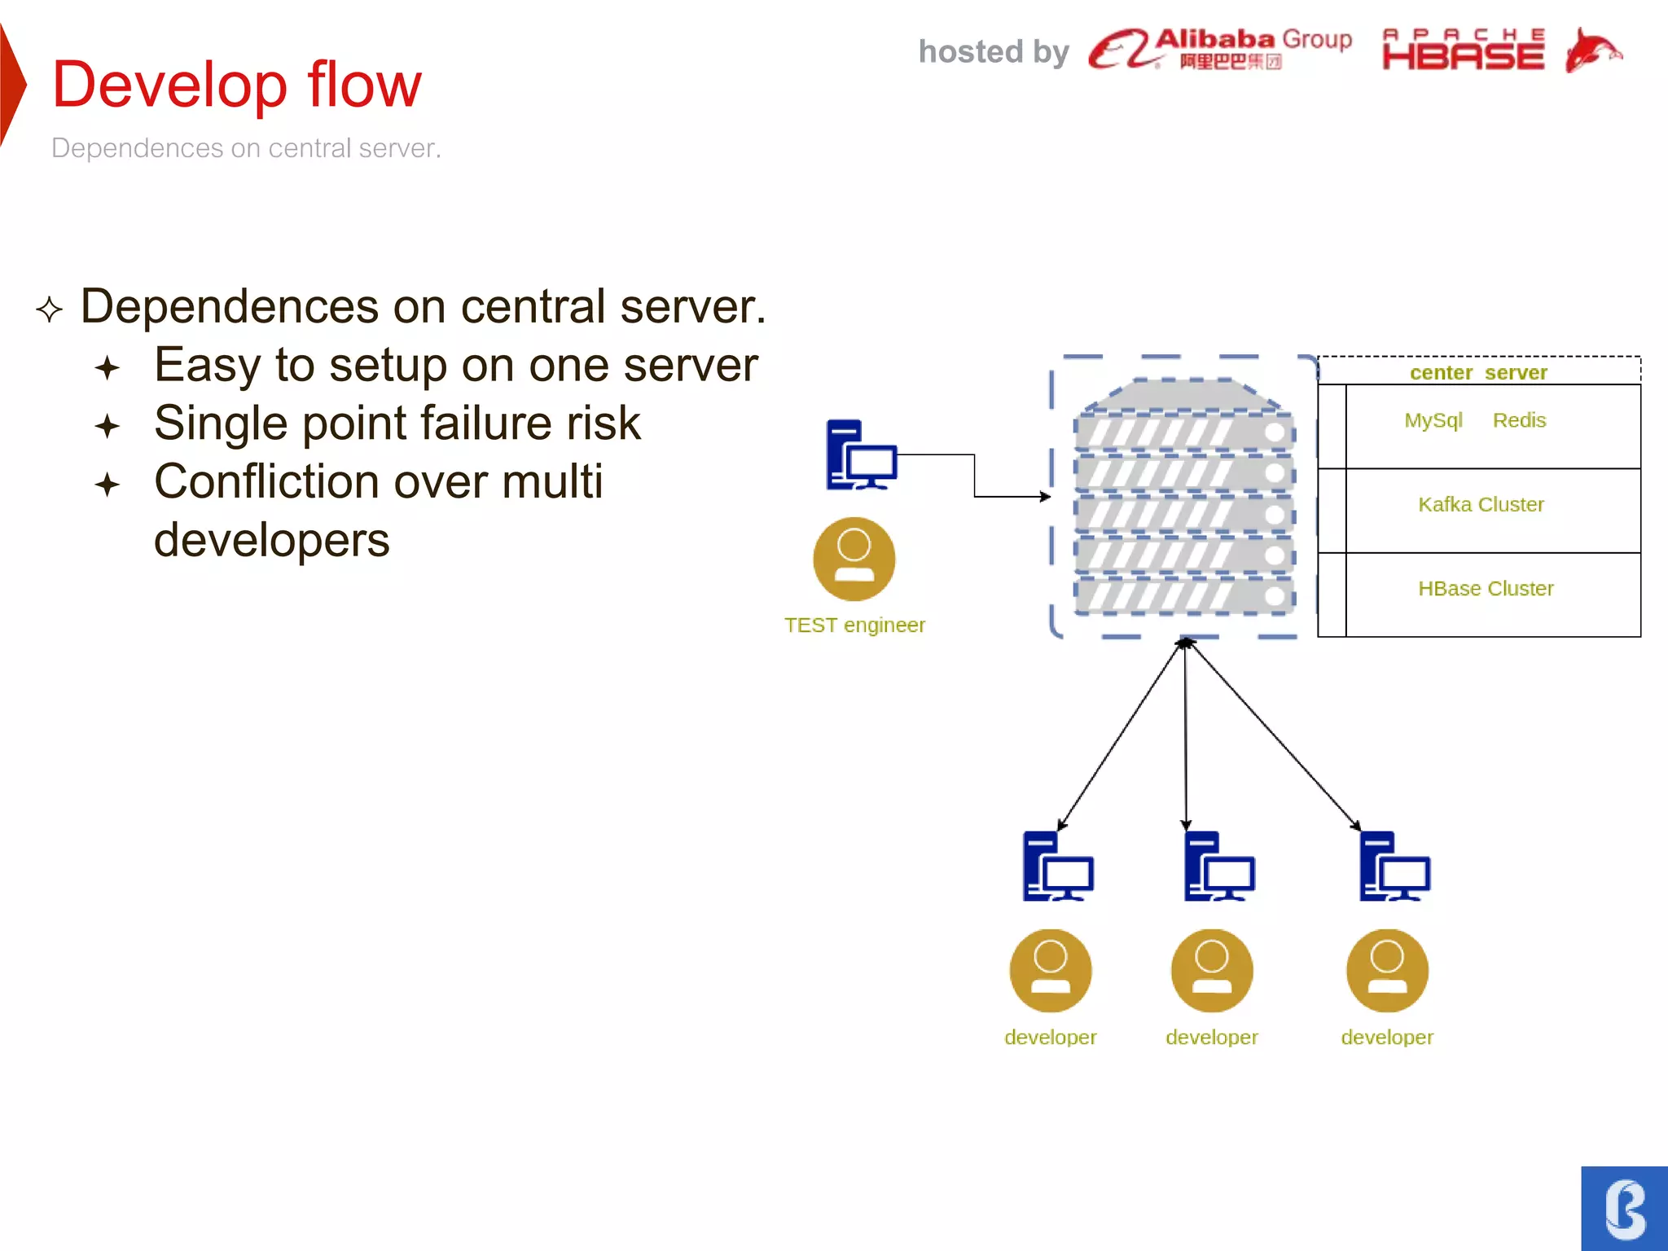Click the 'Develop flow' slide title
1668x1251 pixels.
click(x=236, y=85)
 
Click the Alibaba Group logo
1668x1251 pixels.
click(x=1219, y=49)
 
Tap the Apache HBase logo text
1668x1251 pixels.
click(x=1463, y=50)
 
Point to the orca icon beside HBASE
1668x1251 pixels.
click(x=1592, y=50)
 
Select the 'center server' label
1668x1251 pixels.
click(x=1477, y=372)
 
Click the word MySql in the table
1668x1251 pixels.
click(x=1433, y=420)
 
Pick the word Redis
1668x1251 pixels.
click(x=1519, y=420)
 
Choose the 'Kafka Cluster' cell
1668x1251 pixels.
click(x=1481, y=505)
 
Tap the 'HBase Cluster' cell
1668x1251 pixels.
click(x=1486, y=589)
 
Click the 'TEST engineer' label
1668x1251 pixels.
click(x=854, y=625)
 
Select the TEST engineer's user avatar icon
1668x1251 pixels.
click(x=854, y=559)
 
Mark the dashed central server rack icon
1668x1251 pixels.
click(x=1183, y=497)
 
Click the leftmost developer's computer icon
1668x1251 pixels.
click(x=1057, y=867)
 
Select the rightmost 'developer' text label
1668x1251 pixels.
click(x=1387, y=1038)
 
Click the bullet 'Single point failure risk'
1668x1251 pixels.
click(x=397, y=424)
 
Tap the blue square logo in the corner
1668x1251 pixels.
click(x=1624, y=1209)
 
